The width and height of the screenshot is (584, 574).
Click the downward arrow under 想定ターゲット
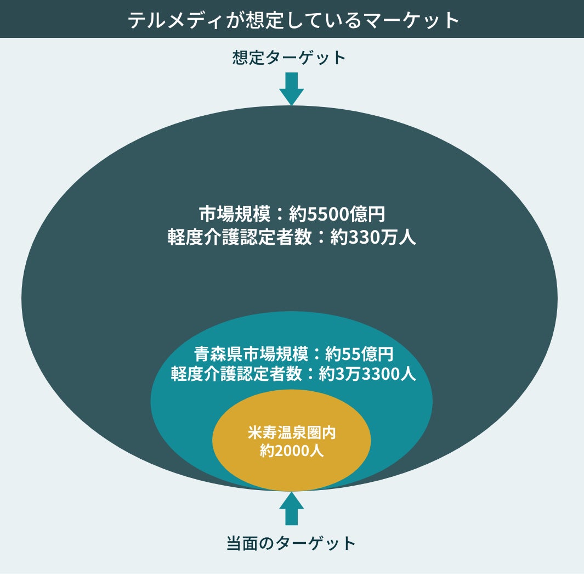pos(291,88)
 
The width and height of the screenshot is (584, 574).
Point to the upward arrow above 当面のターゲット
pos(291,508)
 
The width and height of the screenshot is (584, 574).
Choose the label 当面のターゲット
pos(291,543)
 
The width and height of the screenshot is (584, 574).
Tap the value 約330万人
pos(373,238)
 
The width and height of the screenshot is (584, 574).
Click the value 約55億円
pos(359,352)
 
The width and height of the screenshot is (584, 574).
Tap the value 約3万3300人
pos(367,374)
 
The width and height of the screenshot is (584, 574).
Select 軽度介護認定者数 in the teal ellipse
pos(236,374)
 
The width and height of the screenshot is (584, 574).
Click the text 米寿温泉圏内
pos(291,432)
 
